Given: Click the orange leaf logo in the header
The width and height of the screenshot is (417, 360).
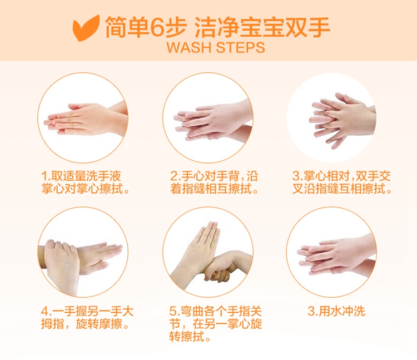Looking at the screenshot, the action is (x=86, y=28).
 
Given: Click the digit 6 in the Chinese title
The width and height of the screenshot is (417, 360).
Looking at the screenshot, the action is (x=158, y=27).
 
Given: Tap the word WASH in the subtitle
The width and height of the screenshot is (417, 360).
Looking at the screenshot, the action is (x=189, y=47).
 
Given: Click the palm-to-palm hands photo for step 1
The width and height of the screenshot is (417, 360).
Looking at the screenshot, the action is (x=83, y=117).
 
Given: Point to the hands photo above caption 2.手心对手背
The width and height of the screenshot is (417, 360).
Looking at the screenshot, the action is (x=208, y=117).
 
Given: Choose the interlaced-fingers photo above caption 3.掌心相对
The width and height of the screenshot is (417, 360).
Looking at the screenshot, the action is (x=331, y=117).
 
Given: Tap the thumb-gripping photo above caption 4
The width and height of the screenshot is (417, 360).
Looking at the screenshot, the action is (x=83, y=252).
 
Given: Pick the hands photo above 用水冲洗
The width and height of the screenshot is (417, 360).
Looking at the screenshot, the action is (x=331, y=252).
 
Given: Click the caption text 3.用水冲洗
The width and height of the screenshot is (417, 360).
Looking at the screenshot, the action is (x=336, y=311).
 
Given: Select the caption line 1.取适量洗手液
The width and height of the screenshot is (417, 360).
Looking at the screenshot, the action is (x=81, y=176).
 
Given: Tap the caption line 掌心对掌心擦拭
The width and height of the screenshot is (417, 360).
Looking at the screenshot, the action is (x=85, y=189).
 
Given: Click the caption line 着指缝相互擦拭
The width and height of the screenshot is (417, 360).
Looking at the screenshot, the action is (x=214, y=189).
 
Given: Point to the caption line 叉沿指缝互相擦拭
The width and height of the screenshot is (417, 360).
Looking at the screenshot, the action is (x=342, y=189).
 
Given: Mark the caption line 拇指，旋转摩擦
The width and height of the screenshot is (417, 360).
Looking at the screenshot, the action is (x=85, y=324).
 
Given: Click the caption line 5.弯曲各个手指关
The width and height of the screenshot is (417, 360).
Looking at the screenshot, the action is (x=216, y=311).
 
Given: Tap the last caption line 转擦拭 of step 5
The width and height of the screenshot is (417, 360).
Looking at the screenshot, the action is (x=190, y=337).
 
